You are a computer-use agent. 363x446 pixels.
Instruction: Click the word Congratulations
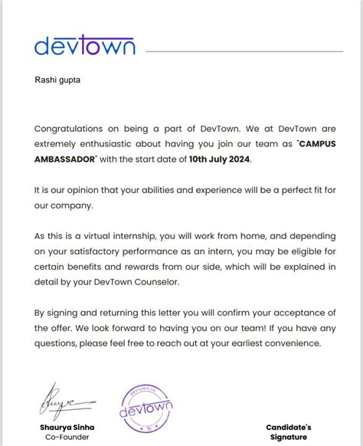point(75,129)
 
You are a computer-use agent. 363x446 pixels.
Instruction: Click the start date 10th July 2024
point(219,159)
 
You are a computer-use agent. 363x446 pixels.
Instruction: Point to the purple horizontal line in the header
point(244,51)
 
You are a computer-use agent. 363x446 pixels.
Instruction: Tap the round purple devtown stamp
point(147,405)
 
